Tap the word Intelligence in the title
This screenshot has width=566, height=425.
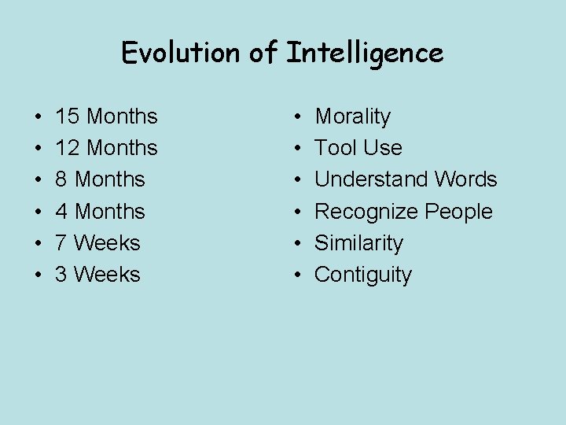tap(365, 54)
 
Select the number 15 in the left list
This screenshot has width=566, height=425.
tap(68, 116)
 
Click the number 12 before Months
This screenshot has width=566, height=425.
tap(68, 148)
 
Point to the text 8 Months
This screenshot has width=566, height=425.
tap(100, 179)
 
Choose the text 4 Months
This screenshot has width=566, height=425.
tap(100, 211)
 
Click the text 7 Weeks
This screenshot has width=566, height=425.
tap(97, 243)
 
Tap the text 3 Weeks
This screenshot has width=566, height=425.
tap(97, 275)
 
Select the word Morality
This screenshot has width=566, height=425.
tap(352, 116)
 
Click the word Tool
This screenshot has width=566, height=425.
tap(334, 148)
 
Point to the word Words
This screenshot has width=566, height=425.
tap(465, 179)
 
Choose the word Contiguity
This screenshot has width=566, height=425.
tap(362, 275)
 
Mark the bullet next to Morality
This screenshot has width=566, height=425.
tap(299, 117)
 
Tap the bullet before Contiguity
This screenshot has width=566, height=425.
tap(299, 275)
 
